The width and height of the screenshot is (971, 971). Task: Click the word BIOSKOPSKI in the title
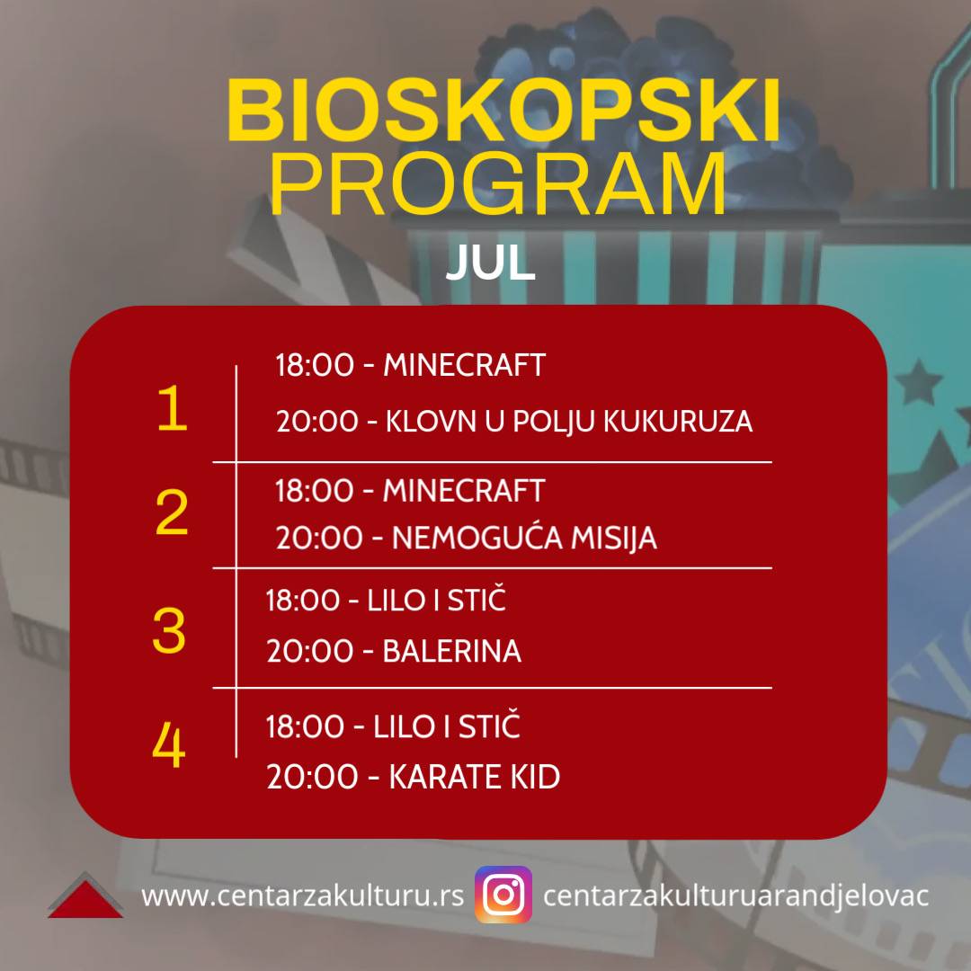tap(503, 111)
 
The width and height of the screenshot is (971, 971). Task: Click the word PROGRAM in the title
tap(498, 184)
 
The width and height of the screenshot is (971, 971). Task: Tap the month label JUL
tap(491, 263)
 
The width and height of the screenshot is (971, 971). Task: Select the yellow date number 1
tap(172, 407)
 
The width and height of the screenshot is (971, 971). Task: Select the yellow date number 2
tap(172, 512)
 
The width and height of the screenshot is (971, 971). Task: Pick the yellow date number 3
tap(169, 630)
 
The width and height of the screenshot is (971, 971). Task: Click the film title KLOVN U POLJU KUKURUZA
tap(569, 422)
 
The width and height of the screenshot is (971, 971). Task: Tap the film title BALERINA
tap(452, 651)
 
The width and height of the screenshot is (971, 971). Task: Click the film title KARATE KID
tap(475, 777)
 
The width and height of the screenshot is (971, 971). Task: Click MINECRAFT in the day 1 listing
tap(465, 365)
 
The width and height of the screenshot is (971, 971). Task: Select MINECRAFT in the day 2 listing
tap(465, 491)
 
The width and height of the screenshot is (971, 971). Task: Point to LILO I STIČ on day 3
tap(437, 600)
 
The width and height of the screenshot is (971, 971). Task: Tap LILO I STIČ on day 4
tap(447, 726)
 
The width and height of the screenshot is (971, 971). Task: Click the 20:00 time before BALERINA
tap(309, 651)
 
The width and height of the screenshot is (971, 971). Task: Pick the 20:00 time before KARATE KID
tap(313, 777)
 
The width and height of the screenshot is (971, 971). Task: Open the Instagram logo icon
tap(503, 895)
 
